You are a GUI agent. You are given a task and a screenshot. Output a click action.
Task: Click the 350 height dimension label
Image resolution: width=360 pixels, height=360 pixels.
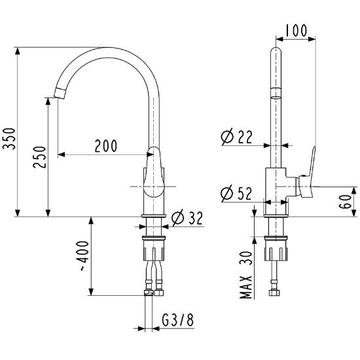(9, 139)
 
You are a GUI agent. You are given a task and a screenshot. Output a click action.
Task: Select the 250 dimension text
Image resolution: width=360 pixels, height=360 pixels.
(39, 157)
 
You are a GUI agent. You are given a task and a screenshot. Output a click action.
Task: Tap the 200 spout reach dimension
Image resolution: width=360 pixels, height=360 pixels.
(106, 145)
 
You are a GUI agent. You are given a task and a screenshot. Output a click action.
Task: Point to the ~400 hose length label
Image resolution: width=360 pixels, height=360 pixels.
(84, 256)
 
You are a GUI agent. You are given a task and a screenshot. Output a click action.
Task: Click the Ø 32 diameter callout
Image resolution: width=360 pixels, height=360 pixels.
(187, 218)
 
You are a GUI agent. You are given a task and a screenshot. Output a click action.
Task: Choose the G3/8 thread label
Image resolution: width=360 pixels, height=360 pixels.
(177, 320)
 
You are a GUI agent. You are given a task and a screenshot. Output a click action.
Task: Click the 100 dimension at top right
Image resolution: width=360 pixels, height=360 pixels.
(296, 30)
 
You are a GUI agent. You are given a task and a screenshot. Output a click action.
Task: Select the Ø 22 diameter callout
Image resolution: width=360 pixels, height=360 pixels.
(236, 137)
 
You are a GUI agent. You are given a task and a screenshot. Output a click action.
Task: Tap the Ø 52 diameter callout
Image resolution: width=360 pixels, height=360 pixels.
(236, 193)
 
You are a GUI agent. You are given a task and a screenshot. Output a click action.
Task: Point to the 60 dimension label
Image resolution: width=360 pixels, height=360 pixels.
(346, 202)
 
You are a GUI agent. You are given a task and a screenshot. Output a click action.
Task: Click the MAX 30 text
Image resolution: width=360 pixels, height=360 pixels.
(246, 275)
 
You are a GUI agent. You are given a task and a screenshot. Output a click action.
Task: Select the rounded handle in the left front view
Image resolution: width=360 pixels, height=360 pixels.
(154, 172)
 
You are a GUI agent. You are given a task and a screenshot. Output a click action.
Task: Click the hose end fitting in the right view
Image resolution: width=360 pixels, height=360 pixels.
(274, 293)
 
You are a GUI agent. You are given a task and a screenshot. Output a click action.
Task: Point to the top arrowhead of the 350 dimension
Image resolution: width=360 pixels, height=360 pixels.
(18, 51)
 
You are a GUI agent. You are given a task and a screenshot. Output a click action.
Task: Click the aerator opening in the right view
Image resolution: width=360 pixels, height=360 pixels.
(276, 98)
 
